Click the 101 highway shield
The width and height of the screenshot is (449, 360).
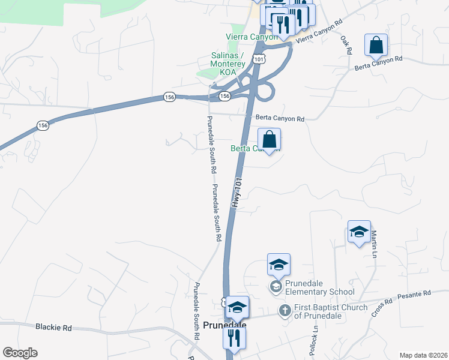tap(258, 58)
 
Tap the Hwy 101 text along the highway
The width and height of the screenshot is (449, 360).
tap(237, 192)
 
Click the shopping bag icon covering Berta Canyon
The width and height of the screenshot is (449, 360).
tap(270, 140)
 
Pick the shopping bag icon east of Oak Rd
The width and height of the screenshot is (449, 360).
tap(376, 45)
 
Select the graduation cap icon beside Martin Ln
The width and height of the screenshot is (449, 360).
tap(359, 232)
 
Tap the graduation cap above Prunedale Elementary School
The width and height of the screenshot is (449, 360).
tap(279, 265)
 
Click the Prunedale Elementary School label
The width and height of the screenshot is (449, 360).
tap(317, 288)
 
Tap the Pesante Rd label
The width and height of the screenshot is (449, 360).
tap(418, 293)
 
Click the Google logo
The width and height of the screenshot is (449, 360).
tap(20, 353)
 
